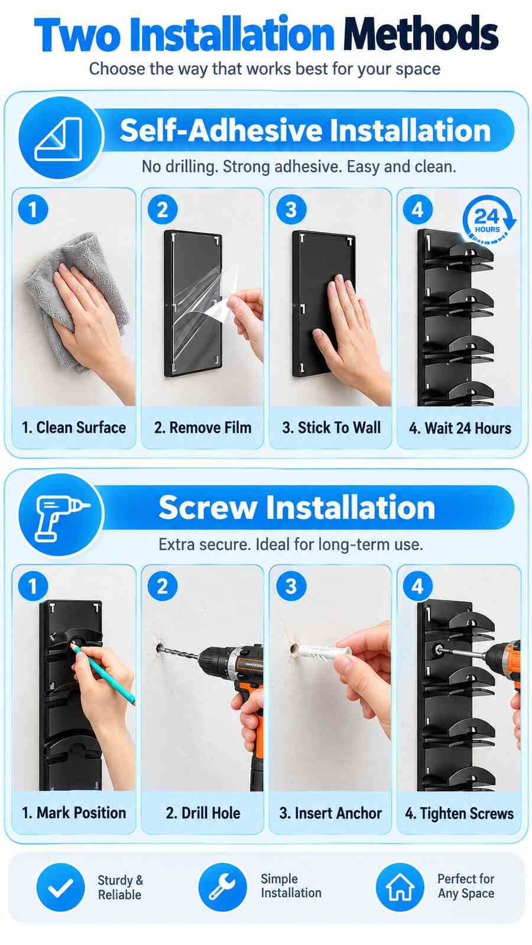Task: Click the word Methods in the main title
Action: click(421, 34)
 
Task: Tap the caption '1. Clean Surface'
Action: click(74, 428)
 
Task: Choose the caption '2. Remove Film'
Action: click(203, 428)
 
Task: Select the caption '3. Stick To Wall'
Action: click(332, 428)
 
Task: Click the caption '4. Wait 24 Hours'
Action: click(460, 428)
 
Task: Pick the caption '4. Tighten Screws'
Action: click(459, 813)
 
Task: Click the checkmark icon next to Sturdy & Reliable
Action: click(60, 887)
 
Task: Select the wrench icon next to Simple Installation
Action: click(222, 887)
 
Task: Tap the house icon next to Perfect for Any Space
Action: click(400, 887)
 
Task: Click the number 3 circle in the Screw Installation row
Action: click(291, 586)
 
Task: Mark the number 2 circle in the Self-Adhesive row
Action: click(163, 210)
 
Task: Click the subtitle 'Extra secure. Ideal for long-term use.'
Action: click(290, 545)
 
